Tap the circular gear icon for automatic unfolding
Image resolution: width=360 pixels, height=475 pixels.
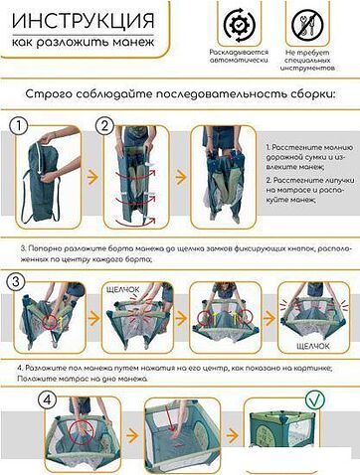pyautogui.click(x=238, y=25)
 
